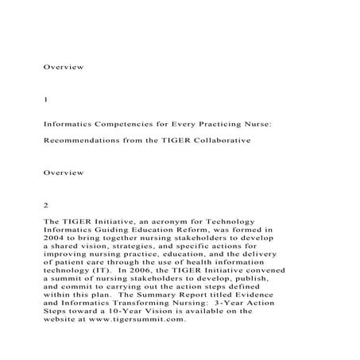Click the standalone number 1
coord(46,101)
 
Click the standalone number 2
coord(46,204)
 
